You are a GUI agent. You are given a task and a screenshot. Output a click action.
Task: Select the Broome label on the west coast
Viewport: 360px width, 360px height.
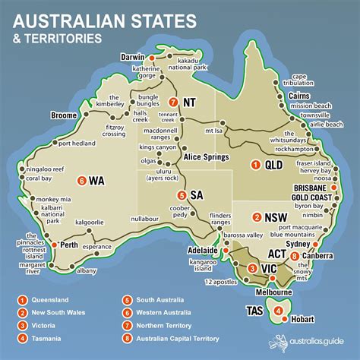pyautogui.click(x=63, y=115)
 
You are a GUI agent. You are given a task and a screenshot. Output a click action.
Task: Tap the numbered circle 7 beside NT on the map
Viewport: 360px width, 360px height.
pyautogui.click(x=174, y=103)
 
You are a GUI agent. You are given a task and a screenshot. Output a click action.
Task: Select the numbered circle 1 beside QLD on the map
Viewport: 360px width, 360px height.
pyautogui.click(x=256, y=164)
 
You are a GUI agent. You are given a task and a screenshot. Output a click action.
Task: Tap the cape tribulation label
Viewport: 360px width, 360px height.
pyautogui.click(x=298, y=81)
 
